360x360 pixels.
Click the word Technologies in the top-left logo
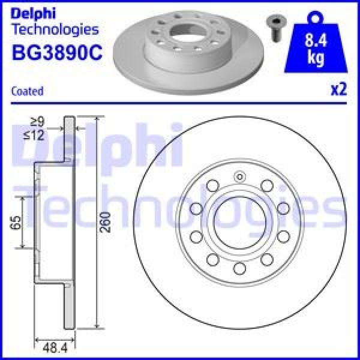click(55, 28)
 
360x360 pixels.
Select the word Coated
click(28, 91)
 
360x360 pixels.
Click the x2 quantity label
click(339, 90)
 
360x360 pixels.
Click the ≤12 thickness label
click(36, 136)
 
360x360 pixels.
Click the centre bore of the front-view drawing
click(239, 221)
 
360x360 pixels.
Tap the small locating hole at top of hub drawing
click(239, 177)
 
